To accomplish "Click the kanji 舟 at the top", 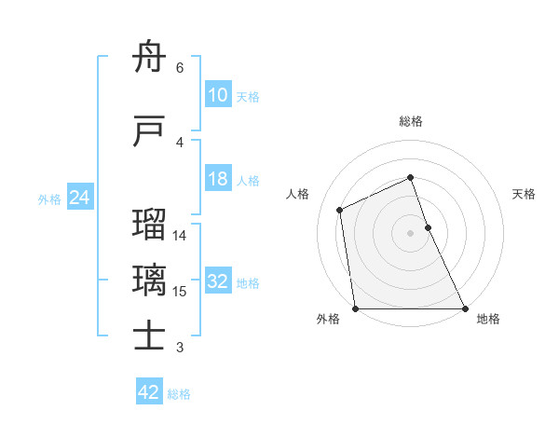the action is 150,60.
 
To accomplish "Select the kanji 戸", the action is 150,133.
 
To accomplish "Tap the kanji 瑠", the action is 150,225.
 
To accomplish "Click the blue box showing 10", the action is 217,96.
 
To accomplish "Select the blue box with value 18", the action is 217,180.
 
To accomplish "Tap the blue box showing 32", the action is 217,282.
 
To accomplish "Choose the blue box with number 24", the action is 80,198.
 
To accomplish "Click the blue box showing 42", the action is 149,392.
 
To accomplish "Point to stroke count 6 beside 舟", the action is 180,68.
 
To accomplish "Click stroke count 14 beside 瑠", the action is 180,236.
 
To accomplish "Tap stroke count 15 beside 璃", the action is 180,292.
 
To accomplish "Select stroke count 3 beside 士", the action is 180,348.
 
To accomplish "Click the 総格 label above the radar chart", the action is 411,121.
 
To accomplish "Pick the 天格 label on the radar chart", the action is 525,194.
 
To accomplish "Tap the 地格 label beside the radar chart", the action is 488,319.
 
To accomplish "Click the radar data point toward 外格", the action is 355,308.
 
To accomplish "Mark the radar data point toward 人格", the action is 340,210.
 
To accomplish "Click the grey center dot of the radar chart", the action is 411,233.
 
